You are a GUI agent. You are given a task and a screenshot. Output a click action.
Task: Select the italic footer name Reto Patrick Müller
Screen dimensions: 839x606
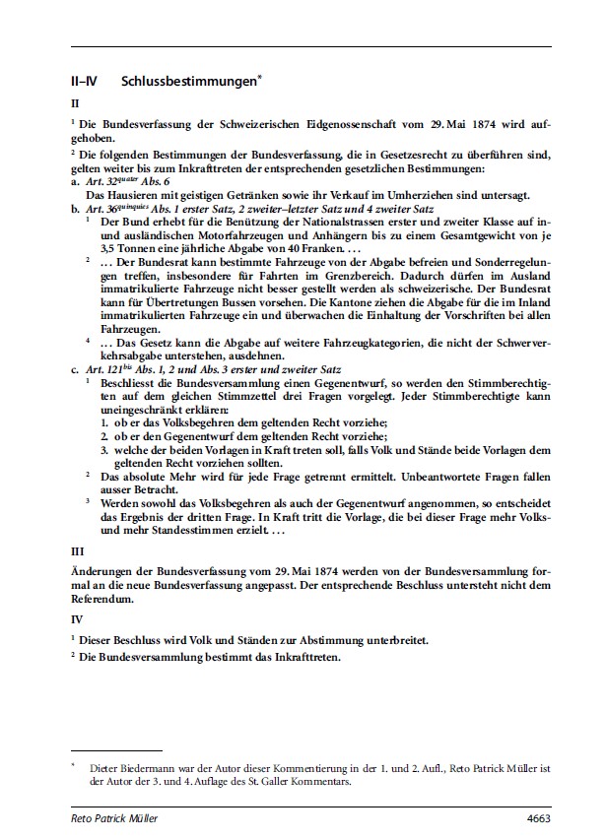tap(113, 817)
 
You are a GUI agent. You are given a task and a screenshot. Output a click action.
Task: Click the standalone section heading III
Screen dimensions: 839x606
tap(78, 552)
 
